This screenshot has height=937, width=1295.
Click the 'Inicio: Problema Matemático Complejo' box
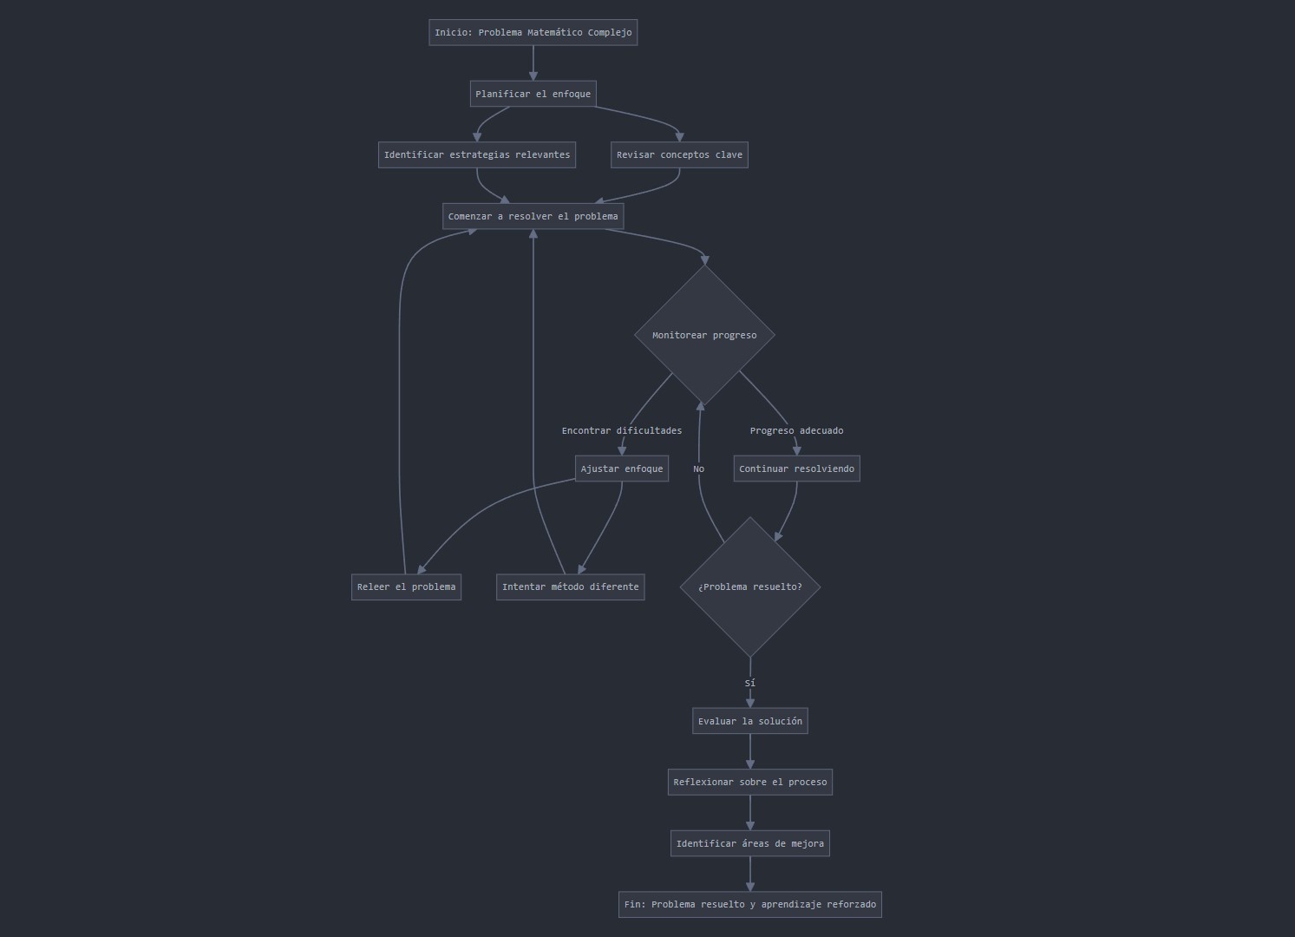pos(533,33)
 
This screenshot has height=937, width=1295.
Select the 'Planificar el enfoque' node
pos(533,94)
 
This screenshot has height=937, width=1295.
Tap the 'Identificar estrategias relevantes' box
pos(477,155)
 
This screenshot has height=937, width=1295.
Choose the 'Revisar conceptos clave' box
pos(679,155)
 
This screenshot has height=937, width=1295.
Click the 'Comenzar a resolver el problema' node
pos(533,216)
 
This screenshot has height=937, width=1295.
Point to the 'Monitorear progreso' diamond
pos(704,335)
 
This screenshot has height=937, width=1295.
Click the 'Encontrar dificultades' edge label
pos(622,430)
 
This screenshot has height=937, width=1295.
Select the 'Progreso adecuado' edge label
pos(796,430)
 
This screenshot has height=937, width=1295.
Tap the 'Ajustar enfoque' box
pos(622,468)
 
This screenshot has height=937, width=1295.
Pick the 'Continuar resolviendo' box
pos(796,468)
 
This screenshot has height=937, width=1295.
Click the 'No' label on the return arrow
pos(699,469)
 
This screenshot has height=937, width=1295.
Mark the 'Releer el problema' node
pos(406,586)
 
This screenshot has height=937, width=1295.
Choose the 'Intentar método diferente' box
pos(570,586)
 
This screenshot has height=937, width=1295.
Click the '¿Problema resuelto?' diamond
pos(750,586)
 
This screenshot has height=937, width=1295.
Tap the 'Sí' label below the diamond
pos(750,684)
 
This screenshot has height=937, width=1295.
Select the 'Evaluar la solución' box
pos(750,721)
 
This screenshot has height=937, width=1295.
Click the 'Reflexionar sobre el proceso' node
pos(750,782)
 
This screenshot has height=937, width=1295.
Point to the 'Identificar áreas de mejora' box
pos(750,843)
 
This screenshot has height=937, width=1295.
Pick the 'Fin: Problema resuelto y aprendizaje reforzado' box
pos(750,904)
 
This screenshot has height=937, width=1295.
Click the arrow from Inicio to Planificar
pos(533,63)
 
